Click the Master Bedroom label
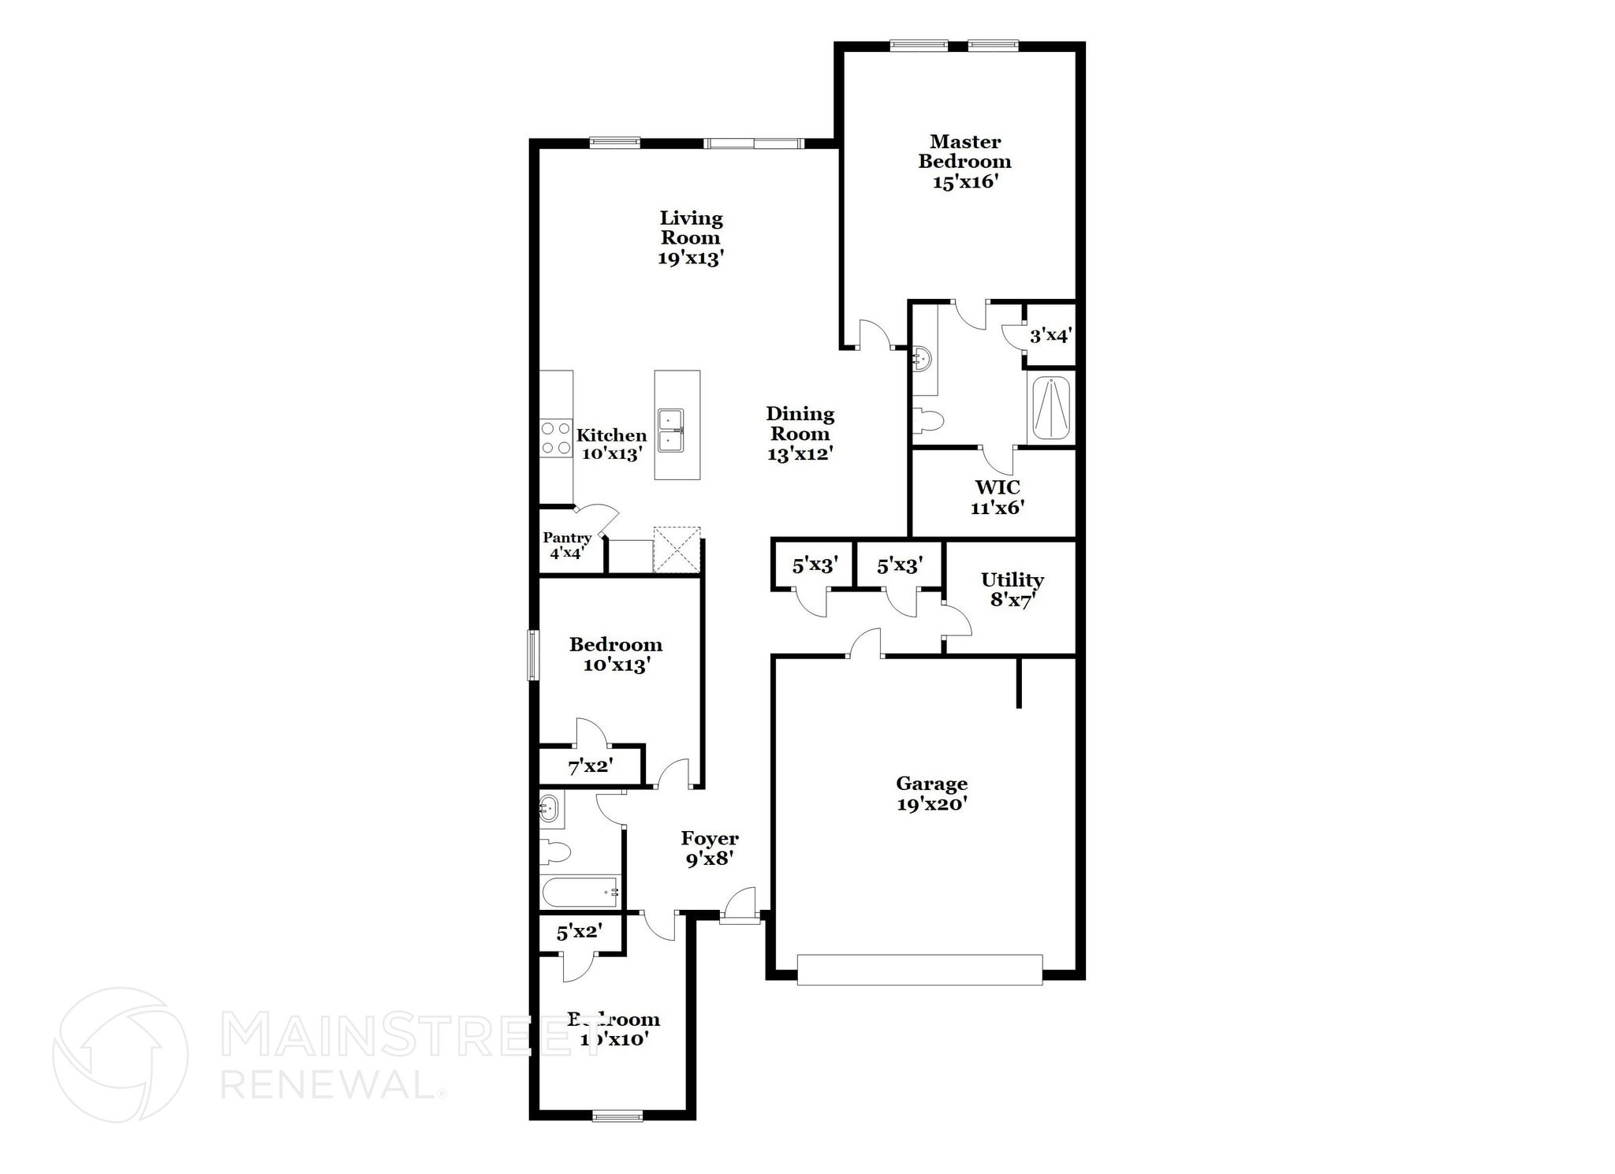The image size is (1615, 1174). tap(964, 162)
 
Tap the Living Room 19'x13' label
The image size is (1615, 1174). tap(691, 238)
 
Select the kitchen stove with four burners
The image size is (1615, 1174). tap(555, 438)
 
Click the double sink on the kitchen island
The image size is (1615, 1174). tap(671, 430)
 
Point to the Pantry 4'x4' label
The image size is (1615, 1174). tap(566, 545)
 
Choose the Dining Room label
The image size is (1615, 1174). tap(800, 434)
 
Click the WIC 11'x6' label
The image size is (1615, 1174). tap(997, 497)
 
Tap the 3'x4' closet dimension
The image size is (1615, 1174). tap(1050, 336)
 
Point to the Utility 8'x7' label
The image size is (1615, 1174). tap(1012, 590)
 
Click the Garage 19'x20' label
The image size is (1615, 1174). tap(931, 793)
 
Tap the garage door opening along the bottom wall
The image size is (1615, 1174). tap(919, 969)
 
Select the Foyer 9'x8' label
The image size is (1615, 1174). tap(710, 848)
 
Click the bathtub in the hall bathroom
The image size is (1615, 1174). tap(580, 892)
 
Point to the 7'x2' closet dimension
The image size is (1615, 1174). tap(591, 766)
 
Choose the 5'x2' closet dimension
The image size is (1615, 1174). tap(580, 932)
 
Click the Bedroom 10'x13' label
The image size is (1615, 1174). tap(615, 654)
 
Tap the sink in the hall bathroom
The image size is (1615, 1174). tap(550, 808)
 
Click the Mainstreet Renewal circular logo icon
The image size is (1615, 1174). tap(121, 1054)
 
